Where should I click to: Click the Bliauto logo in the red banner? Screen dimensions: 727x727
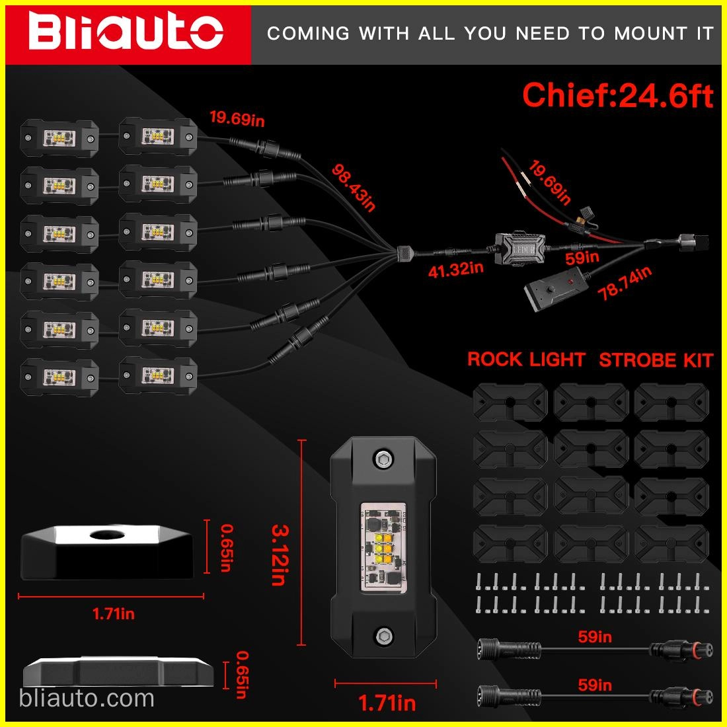[x=126, y=32]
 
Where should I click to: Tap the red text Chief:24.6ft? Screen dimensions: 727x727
[x=617, y=95]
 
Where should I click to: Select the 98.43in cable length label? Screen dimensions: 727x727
[x=353, y=188]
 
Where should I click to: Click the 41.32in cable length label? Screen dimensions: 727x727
[x=455, y=269]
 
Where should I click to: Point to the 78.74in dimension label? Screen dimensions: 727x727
[x=625, y=284]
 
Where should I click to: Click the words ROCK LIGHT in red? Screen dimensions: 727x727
[x=526, y=360]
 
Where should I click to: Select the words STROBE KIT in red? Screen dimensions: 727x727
[x=656, y=360]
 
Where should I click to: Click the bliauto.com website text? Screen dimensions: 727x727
[x=87, y=698]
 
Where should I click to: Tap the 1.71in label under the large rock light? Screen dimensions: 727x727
[x=387, y=703]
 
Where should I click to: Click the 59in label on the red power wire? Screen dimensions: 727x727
[x=582, y=256]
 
